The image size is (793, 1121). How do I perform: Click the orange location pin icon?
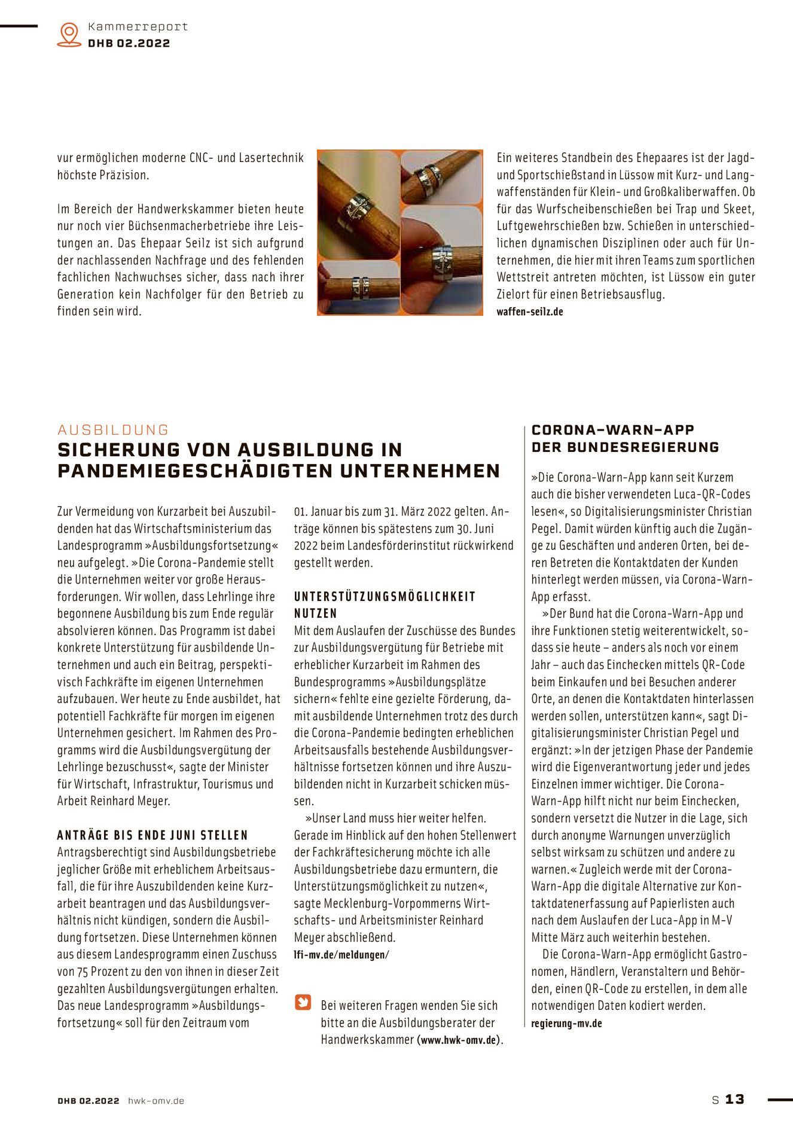[x=69, y=34]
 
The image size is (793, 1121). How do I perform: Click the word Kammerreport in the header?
[x=138, y=26]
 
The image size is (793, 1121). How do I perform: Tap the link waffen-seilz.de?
[x=530, y=311]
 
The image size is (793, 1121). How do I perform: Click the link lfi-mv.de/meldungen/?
[x=341, y=955]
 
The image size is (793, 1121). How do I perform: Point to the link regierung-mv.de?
[x=566, y=1023]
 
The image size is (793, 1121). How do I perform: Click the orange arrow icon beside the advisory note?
[x=303, y=1002]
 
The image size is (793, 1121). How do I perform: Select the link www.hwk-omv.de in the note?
[x=459, y=1040]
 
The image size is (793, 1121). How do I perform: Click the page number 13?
[x=735, y=1099]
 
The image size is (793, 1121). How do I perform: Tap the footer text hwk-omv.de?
[x=156, y=1101]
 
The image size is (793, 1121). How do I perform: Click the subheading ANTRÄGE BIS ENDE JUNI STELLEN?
[x=152, y=835]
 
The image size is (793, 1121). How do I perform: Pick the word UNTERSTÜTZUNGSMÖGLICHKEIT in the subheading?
[x=385, y=597]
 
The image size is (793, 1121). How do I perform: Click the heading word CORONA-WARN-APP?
[x=613, y=430]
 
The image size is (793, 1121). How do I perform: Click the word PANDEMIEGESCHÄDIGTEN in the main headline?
[x=196, y=471]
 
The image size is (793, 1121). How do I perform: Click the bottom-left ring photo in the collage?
[x=358, y=287]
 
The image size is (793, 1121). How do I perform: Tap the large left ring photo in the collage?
[x=358, y=204]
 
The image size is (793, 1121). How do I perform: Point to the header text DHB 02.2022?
[x=129, y=43]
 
